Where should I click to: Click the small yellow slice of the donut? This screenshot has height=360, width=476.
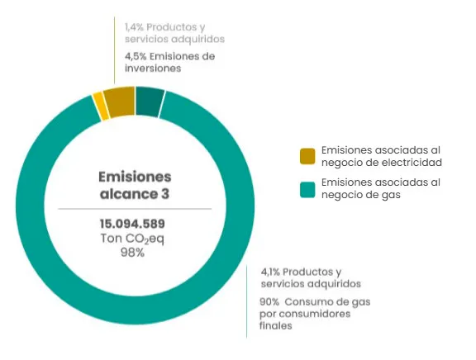[x=101, y=107]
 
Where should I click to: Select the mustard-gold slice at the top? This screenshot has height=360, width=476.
[x=120, y=102]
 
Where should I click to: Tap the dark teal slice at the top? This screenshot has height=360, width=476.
[x=150, y=102]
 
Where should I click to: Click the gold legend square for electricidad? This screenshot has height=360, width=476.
[x=307, y=156]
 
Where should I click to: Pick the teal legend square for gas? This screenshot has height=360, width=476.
[x=307, y=190]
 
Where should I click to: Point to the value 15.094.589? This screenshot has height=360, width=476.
[x=132, y=224]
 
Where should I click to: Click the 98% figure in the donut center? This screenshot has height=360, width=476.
[x=133, y=253]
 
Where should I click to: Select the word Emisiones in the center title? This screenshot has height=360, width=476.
[x=135, y=177]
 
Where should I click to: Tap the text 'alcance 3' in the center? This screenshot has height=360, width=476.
[x=135, y=194]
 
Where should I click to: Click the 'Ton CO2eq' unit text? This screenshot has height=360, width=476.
[x=132, y=239]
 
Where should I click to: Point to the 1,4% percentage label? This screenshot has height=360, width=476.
[x=134, y=27]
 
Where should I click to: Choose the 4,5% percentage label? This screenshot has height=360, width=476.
[x=136, y=56]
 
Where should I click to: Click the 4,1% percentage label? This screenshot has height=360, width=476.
[x=270, y=272]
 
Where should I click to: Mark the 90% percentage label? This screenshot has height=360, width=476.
[x=269, y=301]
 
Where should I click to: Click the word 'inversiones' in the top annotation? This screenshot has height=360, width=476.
[x=153, y=69]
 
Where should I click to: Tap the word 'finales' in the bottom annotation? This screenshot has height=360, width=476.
[x=276, y=325]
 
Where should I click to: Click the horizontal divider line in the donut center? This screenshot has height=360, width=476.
[x=135, y=209]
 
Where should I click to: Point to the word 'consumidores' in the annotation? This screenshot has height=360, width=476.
[x=315, y=314]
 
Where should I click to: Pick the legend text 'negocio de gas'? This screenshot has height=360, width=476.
[x=361, y=195]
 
